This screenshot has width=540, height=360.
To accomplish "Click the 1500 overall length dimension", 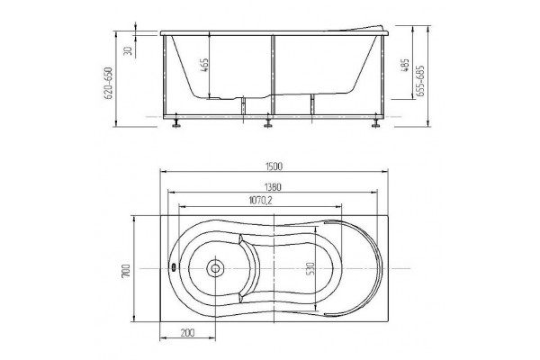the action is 274,166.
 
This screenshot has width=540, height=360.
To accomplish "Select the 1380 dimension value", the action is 273,187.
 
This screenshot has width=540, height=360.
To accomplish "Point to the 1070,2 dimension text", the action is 260,200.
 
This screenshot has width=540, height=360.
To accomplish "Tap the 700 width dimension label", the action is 126,271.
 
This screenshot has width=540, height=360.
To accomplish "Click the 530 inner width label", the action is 310,269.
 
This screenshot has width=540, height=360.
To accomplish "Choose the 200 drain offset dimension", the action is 187,332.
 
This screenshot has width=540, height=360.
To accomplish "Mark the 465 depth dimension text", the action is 204,65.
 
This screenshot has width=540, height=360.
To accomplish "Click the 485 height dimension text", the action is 406,65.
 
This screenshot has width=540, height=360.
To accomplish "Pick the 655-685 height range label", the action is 420,81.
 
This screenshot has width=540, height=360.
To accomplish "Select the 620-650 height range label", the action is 109,84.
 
